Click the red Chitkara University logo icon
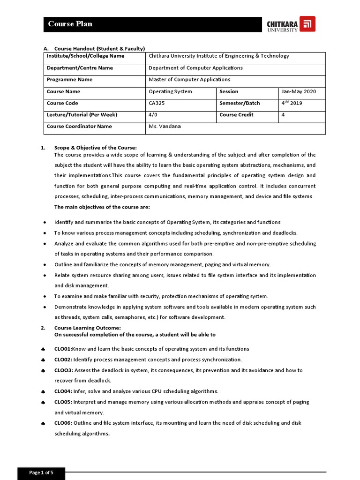tap(307, 24)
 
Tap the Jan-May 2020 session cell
tap(298, 91)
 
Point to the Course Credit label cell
tap(236, 114)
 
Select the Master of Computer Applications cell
tap(189, 80)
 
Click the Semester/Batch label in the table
tap(240, 103)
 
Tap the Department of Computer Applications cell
tap(195, 68)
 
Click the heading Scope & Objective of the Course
tap(96, 148)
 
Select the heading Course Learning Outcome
tap(88, 328)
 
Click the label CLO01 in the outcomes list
tap(63, 349)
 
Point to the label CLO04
tap(63, 391)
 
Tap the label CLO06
tap(63, 423)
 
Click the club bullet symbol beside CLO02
tap(43, 360)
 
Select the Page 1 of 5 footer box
tap(41, 472)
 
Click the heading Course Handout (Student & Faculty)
tap(99, 48)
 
